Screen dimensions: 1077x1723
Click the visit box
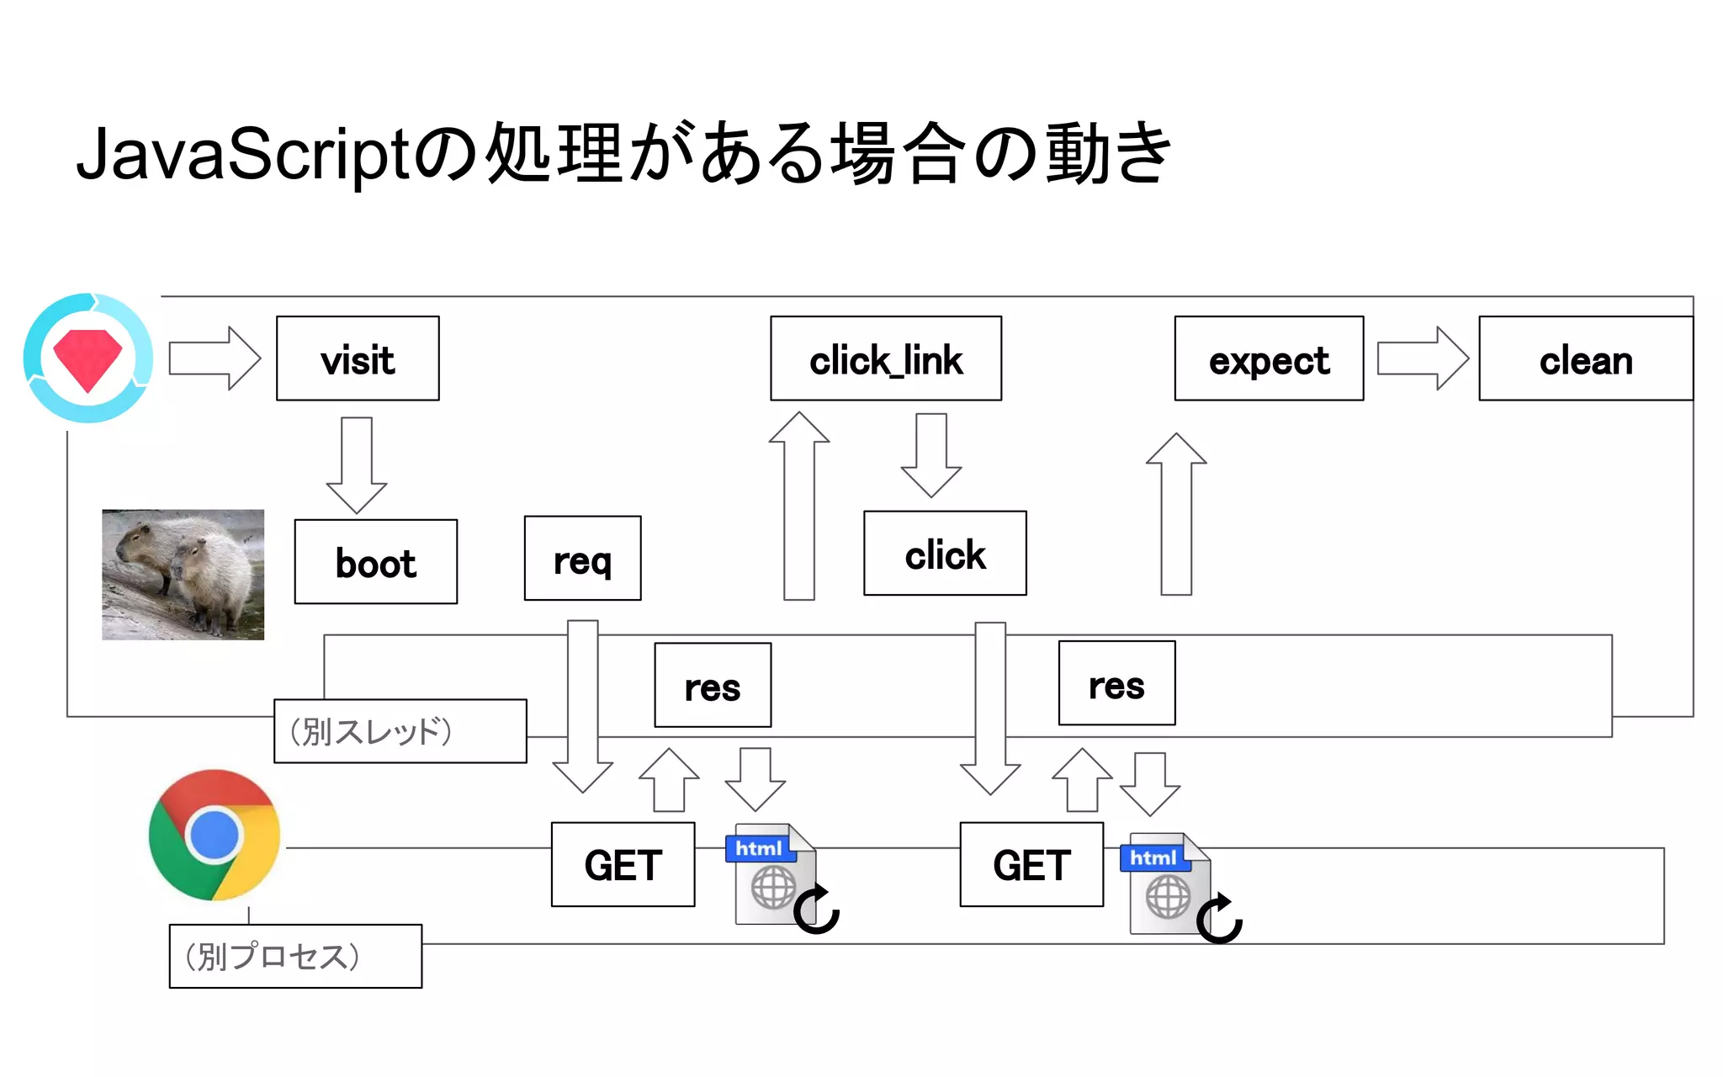(358, 358)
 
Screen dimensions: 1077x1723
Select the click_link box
(885, 358)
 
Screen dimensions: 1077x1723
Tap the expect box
(1268, 358)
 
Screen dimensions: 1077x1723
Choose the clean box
(1585, 358)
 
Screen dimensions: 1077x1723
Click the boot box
(375, 561)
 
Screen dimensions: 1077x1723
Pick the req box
(582, 558)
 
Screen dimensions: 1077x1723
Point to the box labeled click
(944, 553)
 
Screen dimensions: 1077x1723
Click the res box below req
(712, 685)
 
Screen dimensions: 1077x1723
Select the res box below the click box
(1116, 682)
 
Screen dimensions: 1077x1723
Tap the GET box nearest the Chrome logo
(623, 864)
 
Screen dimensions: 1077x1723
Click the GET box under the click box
(1031, 864)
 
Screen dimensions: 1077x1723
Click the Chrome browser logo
(215, 835)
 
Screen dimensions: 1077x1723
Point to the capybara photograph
(183, 574)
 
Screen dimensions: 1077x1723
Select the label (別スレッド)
(400, 731)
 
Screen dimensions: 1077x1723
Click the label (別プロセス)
(294, 956)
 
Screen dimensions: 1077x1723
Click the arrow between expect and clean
(1422, 358)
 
